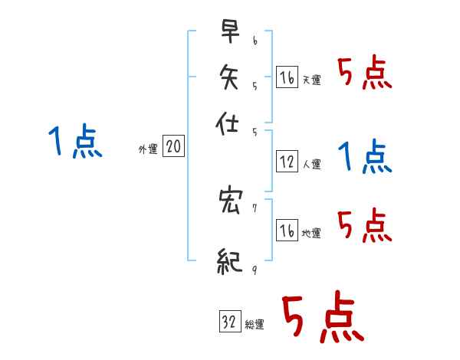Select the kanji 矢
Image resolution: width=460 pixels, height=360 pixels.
[x=229, y=76]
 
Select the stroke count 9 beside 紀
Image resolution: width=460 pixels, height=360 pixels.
[x=255, y=269]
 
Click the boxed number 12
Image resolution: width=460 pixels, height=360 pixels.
[x=287, y=162]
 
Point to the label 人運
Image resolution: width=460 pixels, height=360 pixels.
[x=312, y=164]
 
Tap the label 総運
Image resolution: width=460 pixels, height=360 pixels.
[x=255, y=325]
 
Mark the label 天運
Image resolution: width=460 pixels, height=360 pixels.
[x=312, y=80]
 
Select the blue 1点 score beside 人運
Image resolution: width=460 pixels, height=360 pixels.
[x=364, y=156]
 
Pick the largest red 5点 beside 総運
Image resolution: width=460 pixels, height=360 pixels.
[x=322, y=319]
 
